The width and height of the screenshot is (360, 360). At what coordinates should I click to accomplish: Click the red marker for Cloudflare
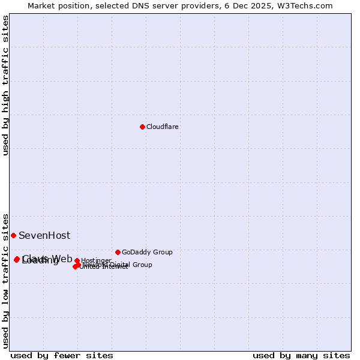click(x=142, y=127)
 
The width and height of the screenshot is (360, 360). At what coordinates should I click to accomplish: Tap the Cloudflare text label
click(x=163, y=127)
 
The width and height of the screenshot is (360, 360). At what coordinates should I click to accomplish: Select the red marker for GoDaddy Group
click(x=118, y=252)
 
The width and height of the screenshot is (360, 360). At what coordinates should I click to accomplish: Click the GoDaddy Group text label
click(x=147, y=253)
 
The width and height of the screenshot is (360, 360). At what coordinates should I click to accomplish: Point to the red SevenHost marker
click(x=13, y=235)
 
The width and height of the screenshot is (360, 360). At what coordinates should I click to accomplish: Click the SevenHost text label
click(x=44, y=236)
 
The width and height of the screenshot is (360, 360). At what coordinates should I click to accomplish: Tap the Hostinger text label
click(x=96, y=261)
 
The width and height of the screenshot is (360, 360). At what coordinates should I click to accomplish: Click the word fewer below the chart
click(x=69, y=355)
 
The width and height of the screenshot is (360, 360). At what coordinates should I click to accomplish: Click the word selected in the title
click(x=103, y=5)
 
